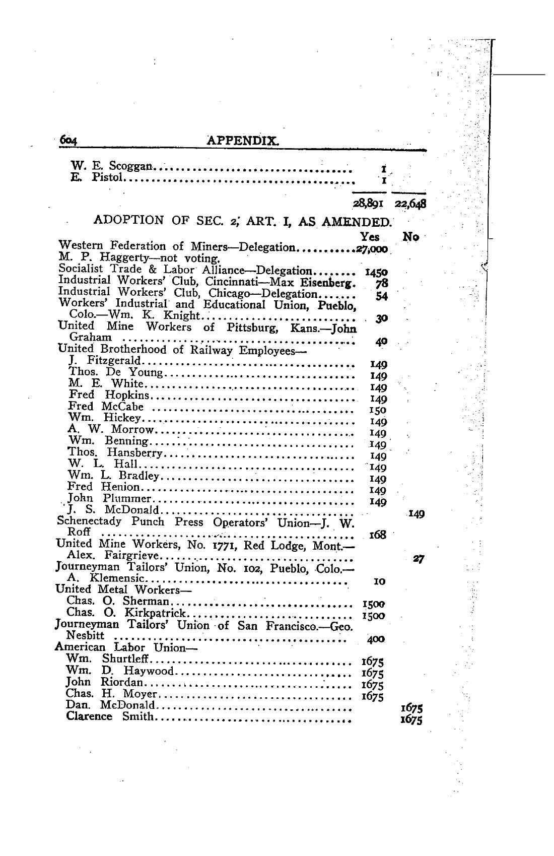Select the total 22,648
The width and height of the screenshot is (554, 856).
click(x=410, y=204)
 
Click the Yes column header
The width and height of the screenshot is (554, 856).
click(x=370, y=236)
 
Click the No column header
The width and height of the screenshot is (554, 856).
click(x=411, y=236)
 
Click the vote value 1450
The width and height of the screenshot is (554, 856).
click(x=376, y=273)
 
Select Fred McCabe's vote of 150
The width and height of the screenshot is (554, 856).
click(x=378, y=410)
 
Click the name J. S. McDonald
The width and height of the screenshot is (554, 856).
click(x=113, y=510)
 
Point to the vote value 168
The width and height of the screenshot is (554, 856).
click(x=378, y=535)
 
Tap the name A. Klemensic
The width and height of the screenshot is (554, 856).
click(x=106, y=578)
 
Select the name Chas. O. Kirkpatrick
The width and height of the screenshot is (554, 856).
click(x=126, y=613)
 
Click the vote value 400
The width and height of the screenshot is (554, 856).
click(x=376, y=639)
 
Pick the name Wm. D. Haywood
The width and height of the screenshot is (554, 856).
click(x=119, y=671)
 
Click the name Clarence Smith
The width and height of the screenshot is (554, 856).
click(x=109, y=716)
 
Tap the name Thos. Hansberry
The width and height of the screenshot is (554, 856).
click(x=115, y=452)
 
